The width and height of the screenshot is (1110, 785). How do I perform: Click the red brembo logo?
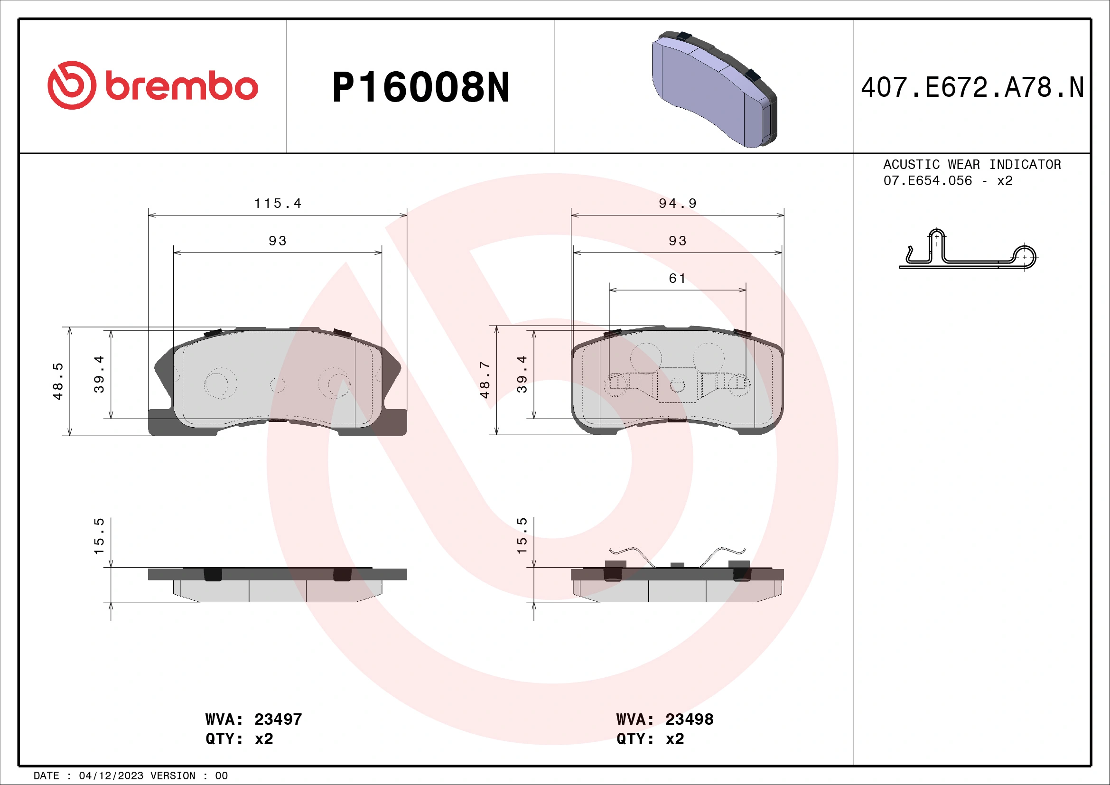(x=152, y=85)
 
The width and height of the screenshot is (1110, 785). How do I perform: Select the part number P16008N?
(x=420, y=87)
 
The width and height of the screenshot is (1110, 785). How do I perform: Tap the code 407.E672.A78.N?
(x=972, y=87)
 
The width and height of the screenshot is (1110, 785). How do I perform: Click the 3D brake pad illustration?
(x=714, y=89)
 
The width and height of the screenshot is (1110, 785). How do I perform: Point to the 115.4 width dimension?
(x=278, y=204)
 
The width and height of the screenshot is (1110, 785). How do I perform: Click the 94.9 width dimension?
(x=677, y=204)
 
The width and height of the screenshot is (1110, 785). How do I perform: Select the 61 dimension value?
(x=677, y=279)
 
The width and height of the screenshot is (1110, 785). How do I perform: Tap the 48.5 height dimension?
(x=58, y=381)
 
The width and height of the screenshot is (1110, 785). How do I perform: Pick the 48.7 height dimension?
(x=485, y=380)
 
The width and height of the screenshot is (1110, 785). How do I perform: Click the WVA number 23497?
(x=278, y=719)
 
